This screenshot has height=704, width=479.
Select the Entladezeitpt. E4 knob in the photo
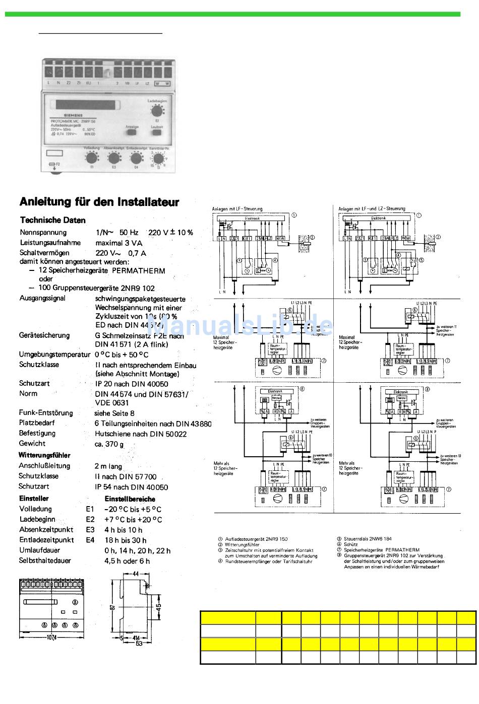tap(135, 158)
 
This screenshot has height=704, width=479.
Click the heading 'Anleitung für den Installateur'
tap(99, 202)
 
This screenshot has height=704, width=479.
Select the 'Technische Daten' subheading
tap(53, 220)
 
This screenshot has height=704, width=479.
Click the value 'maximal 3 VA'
tap(119, 243)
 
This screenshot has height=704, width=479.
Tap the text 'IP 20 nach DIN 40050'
tap(131, 384)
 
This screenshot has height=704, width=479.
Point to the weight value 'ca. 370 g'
tap(109, 444)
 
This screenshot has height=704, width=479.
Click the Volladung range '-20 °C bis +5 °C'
tap(133, 509)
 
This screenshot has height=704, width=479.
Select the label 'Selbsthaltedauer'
tap(45, 560)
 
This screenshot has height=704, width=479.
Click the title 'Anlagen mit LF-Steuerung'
tap(237, 208)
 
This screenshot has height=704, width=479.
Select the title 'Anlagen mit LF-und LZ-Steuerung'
tap(372, 208)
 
